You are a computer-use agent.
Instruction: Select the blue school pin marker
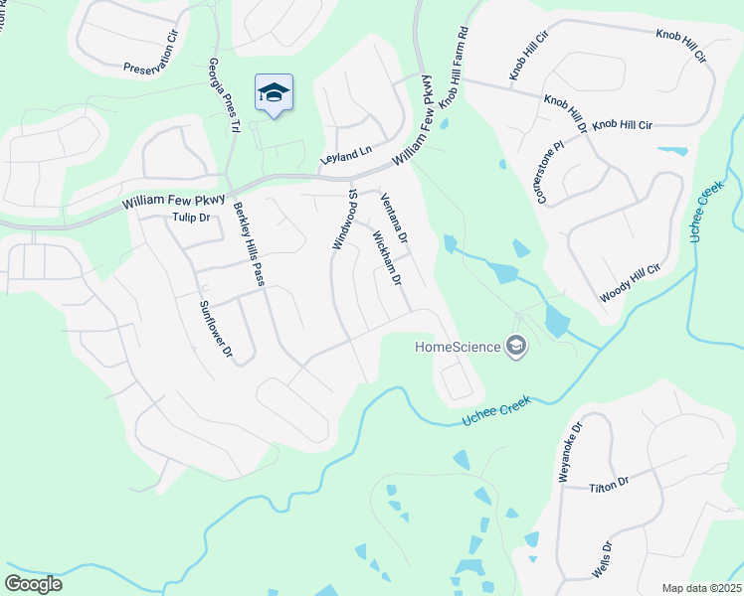pyautogui.click(x=274, y=93)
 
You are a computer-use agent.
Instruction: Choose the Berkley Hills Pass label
pyautogui.click(x=249, y=244)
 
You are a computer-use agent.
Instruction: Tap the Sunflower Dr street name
pyautogui.click(x=215, y=329)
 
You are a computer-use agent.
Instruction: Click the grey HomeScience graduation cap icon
pyautogui.click(x=516, y=346)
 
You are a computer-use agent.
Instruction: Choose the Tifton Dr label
pyautogui.click(x=610, y=485)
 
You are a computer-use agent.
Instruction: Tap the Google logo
pyautogui.click(x=34, y=584)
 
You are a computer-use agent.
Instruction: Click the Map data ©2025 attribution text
pyautogui.click(x=701, y=588)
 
